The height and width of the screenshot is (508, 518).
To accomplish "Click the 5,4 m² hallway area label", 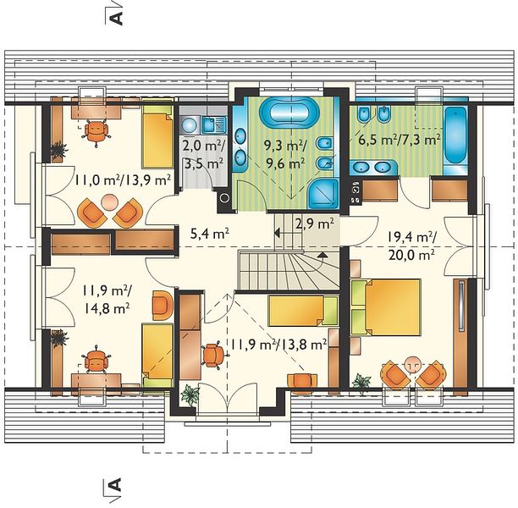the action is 210,234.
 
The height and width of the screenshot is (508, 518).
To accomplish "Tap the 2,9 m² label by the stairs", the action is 314,224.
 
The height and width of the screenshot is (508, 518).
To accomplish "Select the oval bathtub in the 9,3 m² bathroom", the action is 289,113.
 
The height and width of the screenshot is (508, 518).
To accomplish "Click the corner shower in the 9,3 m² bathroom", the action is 323,194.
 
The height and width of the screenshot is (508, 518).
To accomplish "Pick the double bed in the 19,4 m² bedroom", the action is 386,307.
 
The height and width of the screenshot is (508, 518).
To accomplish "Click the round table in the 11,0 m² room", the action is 109,202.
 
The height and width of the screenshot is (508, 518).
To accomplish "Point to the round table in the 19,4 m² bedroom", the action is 412,365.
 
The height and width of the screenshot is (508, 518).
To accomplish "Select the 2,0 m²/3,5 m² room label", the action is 203,154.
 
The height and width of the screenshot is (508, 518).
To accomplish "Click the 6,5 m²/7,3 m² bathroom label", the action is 400,140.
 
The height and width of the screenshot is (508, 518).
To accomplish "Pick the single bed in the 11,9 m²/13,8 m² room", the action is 303,311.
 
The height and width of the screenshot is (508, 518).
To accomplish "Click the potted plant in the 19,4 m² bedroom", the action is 361,384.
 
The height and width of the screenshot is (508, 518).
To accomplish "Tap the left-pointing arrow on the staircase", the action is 278,233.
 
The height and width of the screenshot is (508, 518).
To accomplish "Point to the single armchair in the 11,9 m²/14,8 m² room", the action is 163,306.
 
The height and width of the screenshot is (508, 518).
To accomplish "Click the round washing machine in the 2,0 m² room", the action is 189,125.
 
